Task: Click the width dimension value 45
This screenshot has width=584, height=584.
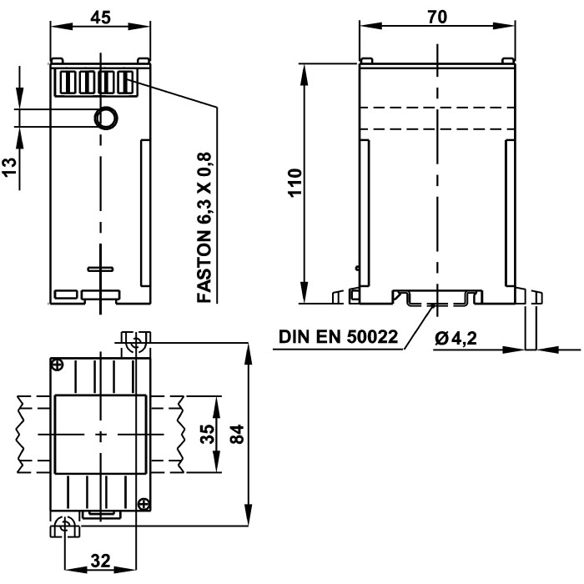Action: point(100,16)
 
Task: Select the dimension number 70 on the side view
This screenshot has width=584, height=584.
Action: point(437,16)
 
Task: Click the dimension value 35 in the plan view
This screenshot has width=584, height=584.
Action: point(208,434)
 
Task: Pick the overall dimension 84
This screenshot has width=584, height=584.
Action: point(237,434)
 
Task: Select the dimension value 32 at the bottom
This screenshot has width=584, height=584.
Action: point(100,561)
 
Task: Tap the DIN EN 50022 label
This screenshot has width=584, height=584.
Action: point(338,338)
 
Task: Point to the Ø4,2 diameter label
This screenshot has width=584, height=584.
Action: point(460,338)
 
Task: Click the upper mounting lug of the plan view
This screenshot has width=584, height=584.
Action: point(134,342)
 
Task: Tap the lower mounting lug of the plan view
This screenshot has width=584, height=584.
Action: point(65,525)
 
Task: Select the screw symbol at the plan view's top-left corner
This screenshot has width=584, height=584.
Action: point(57,365)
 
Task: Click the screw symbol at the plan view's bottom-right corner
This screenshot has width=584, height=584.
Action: point(143,503)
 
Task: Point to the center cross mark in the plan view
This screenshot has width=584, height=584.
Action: point(100,435)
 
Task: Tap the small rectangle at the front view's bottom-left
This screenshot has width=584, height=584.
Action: point(63,295)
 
